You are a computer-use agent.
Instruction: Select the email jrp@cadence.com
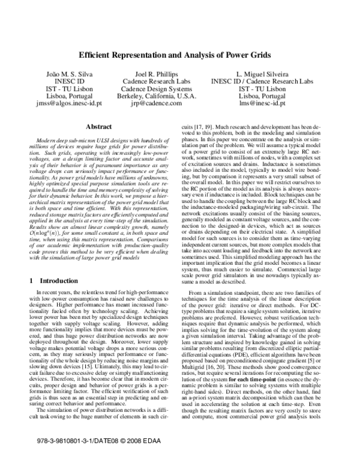click(x=155, y=103)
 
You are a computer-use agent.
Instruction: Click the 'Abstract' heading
click(x=99, y=127)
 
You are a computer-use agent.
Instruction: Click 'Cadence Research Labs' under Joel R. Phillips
click(x=155, y=80)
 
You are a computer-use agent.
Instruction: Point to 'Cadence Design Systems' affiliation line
click(x=155, y=88)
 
